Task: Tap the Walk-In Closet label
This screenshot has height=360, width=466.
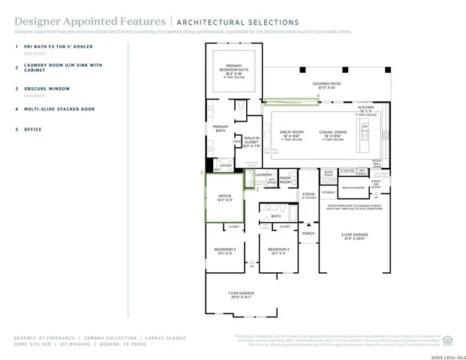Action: [251, 140]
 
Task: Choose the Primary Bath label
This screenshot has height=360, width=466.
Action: [221, 128]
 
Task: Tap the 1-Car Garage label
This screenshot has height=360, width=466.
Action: [242, 294]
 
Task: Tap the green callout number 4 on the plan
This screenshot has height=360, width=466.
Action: [318, 97]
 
